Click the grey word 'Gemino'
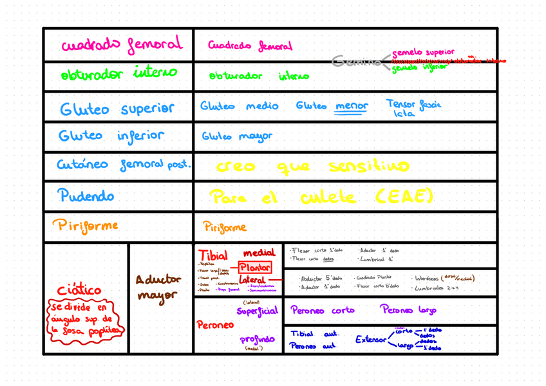(x=355, y=62)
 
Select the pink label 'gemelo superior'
(x=423, y=52)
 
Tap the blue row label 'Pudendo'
(x=86, y=195)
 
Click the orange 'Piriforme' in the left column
(x=85, y=226)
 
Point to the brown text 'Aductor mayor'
(x=158, y=287)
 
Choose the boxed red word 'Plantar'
(x=255, y=267)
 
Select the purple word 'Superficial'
(x=257, y=311)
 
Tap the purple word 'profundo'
(x=257, y=339)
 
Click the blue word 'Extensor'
(x=371, y=339)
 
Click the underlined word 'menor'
(x=352, y=106)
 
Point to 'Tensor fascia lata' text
(x=413, y=108)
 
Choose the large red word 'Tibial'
(x=212, y=255)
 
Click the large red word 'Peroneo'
(x=215, y=325)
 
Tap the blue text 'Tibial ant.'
(x=315, y=334)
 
